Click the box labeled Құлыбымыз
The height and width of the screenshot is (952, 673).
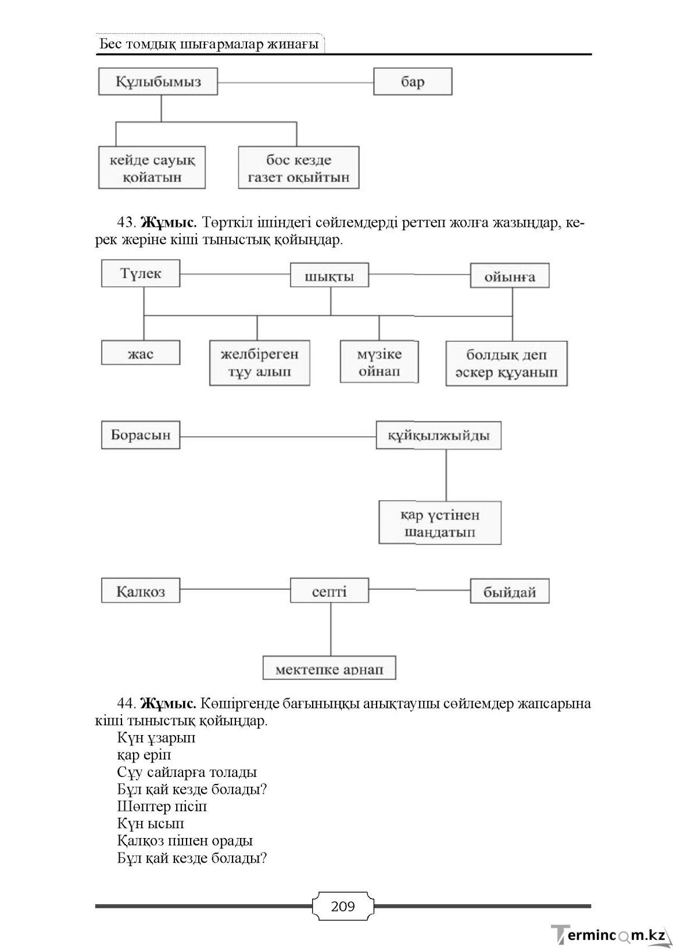[x=158, y=81]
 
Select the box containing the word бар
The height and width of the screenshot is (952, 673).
[x=413, y=81]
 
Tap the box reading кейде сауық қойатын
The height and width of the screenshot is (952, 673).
[x=152, y=167]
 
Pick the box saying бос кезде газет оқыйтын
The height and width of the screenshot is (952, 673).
[x=299, y=167]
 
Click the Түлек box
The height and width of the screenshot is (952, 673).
[x=141, y=273]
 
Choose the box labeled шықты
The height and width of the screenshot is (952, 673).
[x=330, y=275]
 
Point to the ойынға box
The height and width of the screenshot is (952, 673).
[x=510, y=276]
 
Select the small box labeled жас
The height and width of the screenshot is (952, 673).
[x=141, y=352]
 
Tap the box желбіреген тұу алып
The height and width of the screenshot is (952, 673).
[x=259, y=363]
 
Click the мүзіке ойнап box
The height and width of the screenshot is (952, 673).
[x=379, y=362]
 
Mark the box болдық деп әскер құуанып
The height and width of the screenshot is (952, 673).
[x=507, y=363]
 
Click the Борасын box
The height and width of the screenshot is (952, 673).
[x=141, y=435]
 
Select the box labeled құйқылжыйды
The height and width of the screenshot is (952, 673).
[x=439, y=435]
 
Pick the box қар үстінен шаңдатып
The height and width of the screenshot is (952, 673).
[x=440, y=523]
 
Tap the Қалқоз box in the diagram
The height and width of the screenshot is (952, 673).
[x=141, y=590]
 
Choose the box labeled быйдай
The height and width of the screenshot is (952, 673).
[x=510, y=591]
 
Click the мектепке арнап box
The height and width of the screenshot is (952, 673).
[x=330, y=668]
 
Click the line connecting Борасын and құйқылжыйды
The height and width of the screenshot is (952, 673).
[x=278, y=437]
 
